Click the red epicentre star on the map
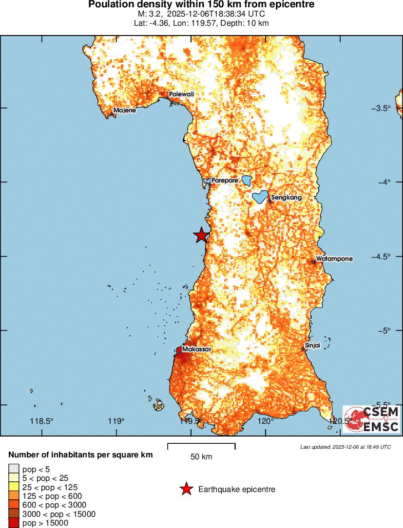point(201,235)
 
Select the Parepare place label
point(225,180)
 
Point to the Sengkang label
point(286,198)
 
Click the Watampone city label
point(334,259)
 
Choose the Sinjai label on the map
point(312,346)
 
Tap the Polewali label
point(181,94)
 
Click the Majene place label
point(125,110)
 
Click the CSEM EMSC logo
point(371,419)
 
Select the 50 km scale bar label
point(201,457)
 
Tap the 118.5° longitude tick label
point(41,421)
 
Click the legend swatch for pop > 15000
point(13,523)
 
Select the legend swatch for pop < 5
point(13,469)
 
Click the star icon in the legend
point(186,489)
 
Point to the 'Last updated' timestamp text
point(345,447)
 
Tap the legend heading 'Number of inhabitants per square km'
point(81,455)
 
